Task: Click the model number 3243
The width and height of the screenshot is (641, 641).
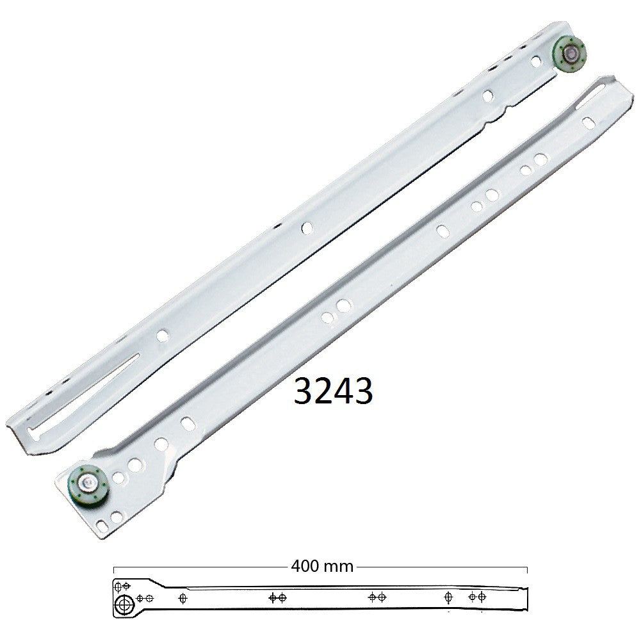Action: (333, 391)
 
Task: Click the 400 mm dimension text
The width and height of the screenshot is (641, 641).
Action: (322, 566)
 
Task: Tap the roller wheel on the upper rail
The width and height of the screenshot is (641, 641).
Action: (569, 53)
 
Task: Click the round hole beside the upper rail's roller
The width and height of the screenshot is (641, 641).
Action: (536, 61)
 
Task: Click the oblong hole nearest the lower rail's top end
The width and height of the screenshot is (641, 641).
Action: (588, 123)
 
